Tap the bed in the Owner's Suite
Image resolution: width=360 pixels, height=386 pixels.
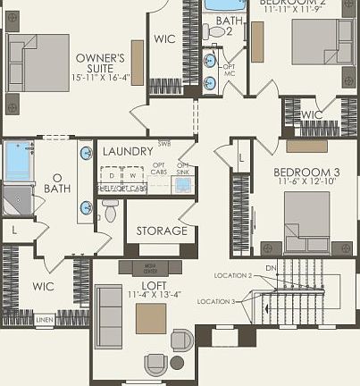click(x=38, y=64)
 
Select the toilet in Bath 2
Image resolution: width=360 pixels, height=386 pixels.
click(x=215, y=32)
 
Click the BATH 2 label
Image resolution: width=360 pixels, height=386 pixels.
click(x=229, y=26)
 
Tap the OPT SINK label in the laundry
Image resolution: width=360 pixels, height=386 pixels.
click(x=183, y=169)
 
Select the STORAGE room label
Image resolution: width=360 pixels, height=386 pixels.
click(x=162, y=231)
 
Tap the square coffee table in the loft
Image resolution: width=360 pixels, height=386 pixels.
click(x=151, y=319)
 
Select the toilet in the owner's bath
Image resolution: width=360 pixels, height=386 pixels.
click(x=110, y=211)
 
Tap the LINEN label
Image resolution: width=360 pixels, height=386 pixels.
click(x=44, y=319)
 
